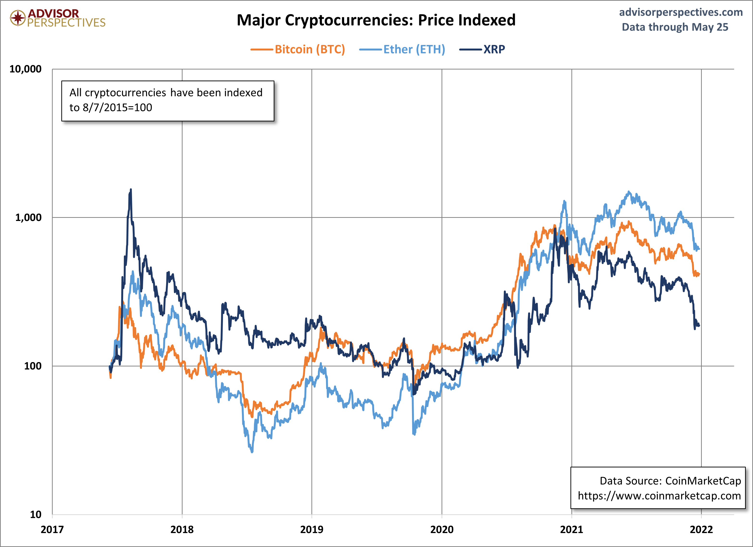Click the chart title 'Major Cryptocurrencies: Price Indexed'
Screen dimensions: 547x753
coord(376,20)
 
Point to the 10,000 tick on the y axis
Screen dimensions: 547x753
coord(25,69)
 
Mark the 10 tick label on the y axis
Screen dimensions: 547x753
coord(36,515)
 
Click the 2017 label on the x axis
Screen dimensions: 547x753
coord(52,529)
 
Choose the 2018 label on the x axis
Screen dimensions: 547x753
coord(182,529)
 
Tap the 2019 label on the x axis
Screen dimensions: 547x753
coord(312,529)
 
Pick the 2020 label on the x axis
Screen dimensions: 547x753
coord(442,529)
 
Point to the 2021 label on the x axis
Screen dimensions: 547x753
coord(571,529)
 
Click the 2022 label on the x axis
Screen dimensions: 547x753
coord(701,529)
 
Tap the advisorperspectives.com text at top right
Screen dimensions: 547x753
coord(681,12)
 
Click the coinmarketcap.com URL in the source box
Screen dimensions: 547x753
coord(659,496)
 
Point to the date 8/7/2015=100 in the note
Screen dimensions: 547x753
coord(117,107)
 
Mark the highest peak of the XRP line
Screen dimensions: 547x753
coord(131,189)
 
